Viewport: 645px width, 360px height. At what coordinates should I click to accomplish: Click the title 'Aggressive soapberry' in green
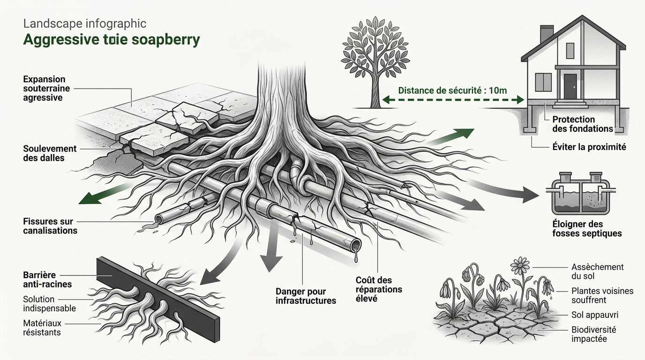[112, 40]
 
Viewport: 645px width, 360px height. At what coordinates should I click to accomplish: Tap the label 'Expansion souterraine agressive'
[44, 89]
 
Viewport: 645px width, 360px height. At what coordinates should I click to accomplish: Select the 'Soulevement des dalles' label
[49, 153]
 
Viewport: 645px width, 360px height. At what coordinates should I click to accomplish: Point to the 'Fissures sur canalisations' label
[50, 226]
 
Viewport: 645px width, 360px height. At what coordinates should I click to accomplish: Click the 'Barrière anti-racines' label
[47, 279]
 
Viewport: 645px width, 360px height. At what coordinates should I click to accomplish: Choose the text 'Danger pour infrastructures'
[306, 296]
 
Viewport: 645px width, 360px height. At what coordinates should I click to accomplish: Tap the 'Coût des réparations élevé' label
[379, 289]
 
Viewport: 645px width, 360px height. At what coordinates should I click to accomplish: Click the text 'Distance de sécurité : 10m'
[452, 90]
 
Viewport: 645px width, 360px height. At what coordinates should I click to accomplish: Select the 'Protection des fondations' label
[583, 124]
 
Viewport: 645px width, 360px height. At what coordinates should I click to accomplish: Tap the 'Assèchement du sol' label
[598, 271]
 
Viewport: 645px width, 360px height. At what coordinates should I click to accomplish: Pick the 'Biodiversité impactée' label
[594, 334]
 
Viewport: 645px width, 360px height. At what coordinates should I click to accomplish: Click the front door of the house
[570, 86]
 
